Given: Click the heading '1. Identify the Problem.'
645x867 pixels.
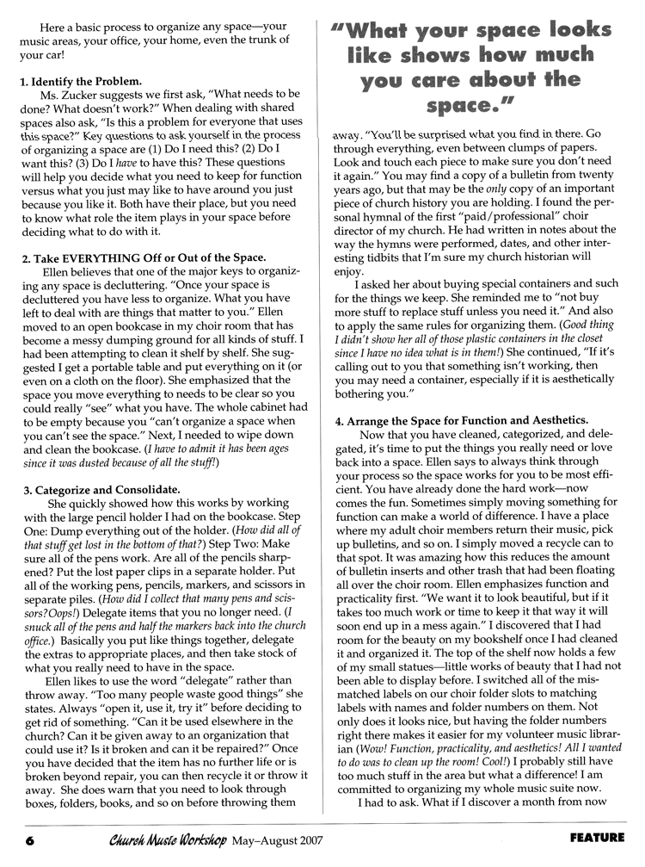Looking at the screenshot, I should point(80,82).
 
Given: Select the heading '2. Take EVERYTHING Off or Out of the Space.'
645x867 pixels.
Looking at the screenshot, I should point(144,259).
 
